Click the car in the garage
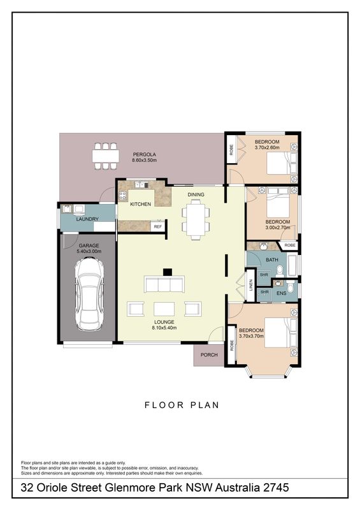pos(89,294)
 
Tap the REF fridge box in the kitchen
pos(158,226)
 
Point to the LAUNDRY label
pos(87,219)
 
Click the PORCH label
pos(209,354)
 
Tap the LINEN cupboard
pos(250,285)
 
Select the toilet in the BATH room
pos(280,270)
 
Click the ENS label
pos(281,293)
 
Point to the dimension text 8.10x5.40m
pos(164,328)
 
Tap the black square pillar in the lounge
pos(167,272)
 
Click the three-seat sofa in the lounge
pos(164,284)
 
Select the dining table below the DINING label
pos(196,219)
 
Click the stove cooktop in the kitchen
pos(122,196)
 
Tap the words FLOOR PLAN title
pos(182,405)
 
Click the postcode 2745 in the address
pos(276,488)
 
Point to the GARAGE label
pos(89,246)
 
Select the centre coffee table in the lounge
pos(164,309)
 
